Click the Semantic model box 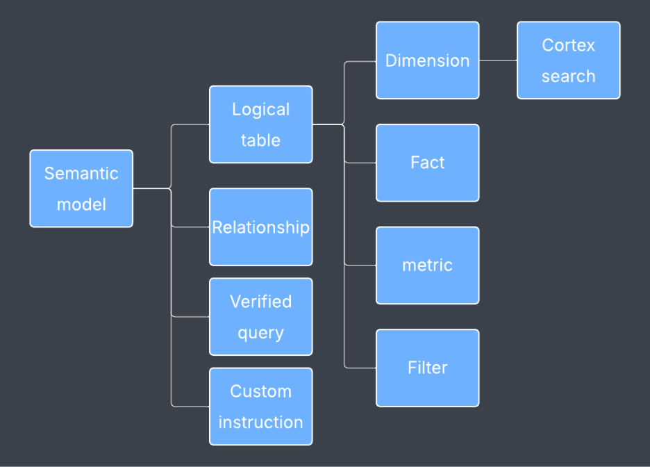81,188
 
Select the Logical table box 260,124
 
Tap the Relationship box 260,227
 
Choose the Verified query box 260,317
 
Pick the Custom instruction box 260,407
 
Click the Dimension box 427,60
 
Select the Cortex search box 568,60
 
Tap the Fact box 427,163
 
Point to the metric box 427,265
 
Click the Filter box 427,368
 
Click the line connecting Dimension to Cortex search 498,60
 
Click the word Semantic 81,173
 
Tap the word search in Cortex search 568,76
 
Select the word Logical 260,110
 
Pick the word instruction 260,423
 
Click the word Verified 260,302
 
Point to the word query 260,333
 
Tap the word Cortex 568,45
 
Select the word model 81,204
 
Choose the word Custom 260,391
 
